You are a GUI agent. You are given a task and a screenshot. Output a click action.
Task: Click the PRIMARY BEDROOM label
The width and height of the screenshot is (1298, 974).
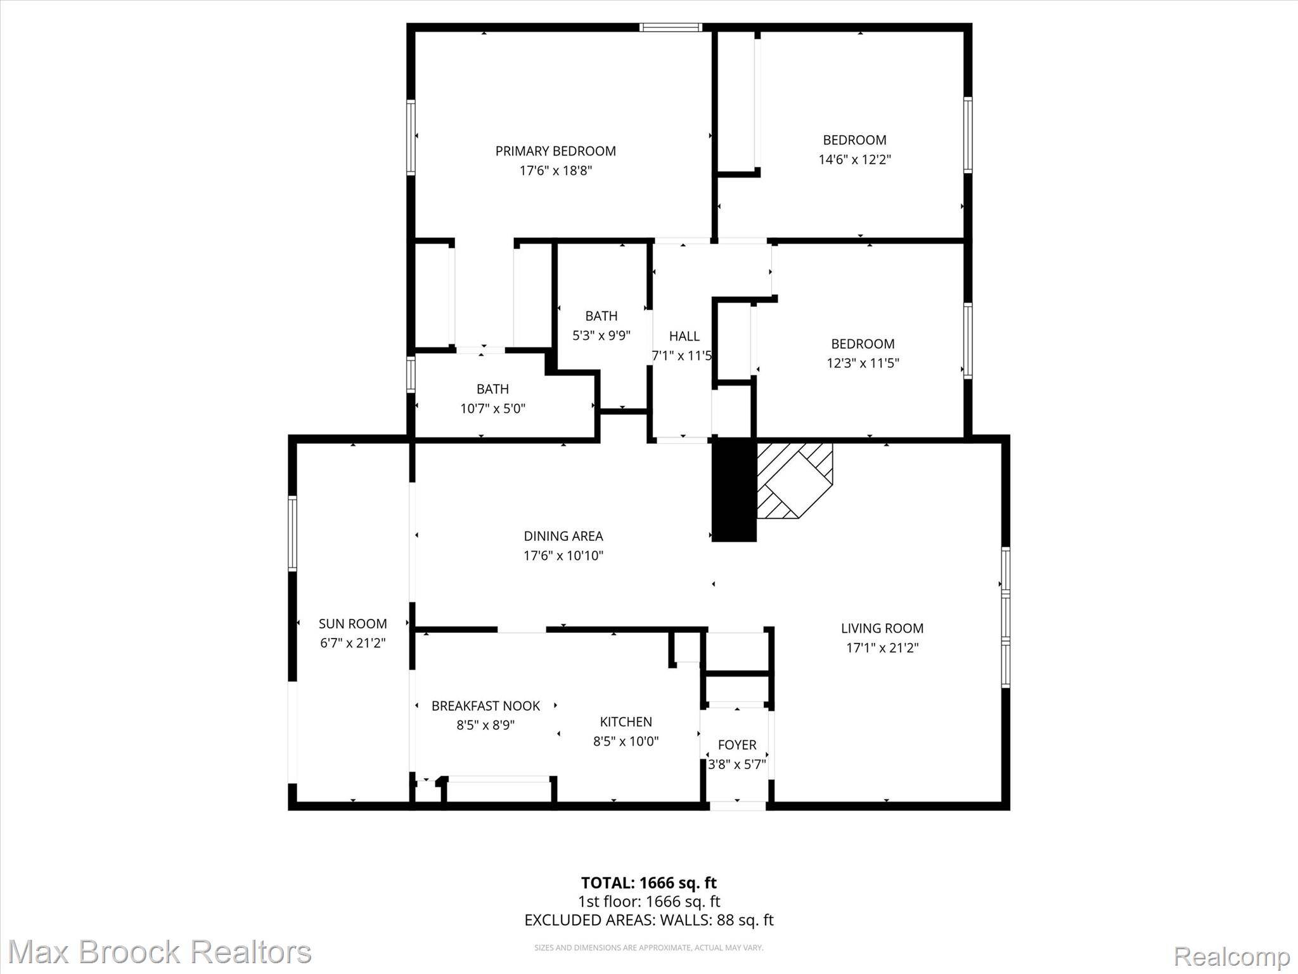pyautogui.click(x=555, y=151)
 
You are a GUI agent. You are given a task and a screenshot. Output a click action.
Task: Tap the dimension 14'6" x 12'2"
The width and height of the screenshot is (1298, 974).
pyautogui.click(x=854, y=159)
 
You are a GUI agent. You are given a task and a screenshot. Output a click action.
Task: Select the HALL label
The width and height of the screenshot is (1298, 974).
pyautogui.click(x=684, y=336)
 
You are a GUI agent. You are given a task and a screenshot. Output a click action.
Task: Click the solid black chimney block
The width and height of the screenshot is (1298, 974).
pyautogui.click(x=734, y=490)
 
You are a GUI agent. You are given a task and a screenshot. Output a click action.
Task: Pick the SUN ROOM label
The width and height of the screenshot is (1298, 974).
pyautogui.click(x=352, y=623)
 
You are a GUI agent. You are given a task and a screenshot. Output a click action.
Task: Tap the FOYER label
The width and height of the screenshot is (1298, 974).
pyautogui.click(x=736, y=744)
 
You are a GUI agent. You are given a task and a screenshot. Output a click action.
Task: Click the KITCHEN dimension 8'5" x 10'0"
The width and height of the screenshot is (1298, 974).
pyautogui.click(x=626, y=741)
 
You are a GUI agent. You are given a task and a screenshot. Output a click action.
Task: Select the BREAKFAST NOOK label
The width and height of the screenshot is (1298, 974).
pyautogui.click(x=485, y=706)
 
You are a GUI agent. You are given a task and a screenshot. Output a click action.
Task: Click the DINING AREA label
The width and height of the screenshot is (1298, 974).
pyautogui.click(x=563, y=536)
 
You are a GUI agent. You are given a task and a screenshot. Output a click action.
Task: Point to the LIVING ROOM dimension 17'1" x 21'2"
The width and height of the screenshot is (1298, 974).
pyautogui.click(x=882, y=647)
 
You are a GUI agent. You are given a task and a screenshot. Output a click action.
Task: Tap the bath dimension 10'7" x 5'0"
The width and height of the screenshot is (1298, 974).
pyautogui.click(x=492, y=408)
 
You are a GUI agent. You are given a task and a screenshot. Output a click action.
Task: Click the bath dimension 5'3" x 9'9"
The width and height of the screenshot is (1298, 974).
pyautogui.click(x=601, y=335)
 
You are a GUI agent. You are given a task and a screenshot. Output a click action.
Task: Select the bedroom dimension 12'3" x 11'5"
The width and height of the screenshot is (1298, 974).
pyautogui.click(x=863, y=363)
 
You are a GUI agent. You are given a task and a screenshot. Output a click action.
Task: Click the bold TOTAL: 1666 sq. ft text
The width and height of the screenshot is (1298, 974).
pyautogui.click(x=648, y=882)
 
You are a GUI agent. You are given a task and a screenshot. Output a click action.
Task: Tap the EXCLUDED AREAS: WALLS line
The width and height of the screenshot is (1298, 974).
pyautogui.click(x=648, y=919)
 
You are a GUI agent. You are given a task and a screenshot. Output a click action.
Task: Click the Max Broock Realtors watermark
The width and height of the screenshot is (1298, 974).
pyautogui.click(x=159, y=952)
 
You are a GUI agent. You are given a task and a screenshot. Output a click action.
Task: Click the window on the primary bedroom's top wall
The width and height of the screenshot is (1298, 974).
pyautogui.click(x=671, y=27)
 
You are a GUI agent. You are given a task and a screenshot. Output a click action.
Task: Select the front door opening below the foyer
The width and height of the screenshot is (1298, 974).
pyautogui.click(x=737, y=806)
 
